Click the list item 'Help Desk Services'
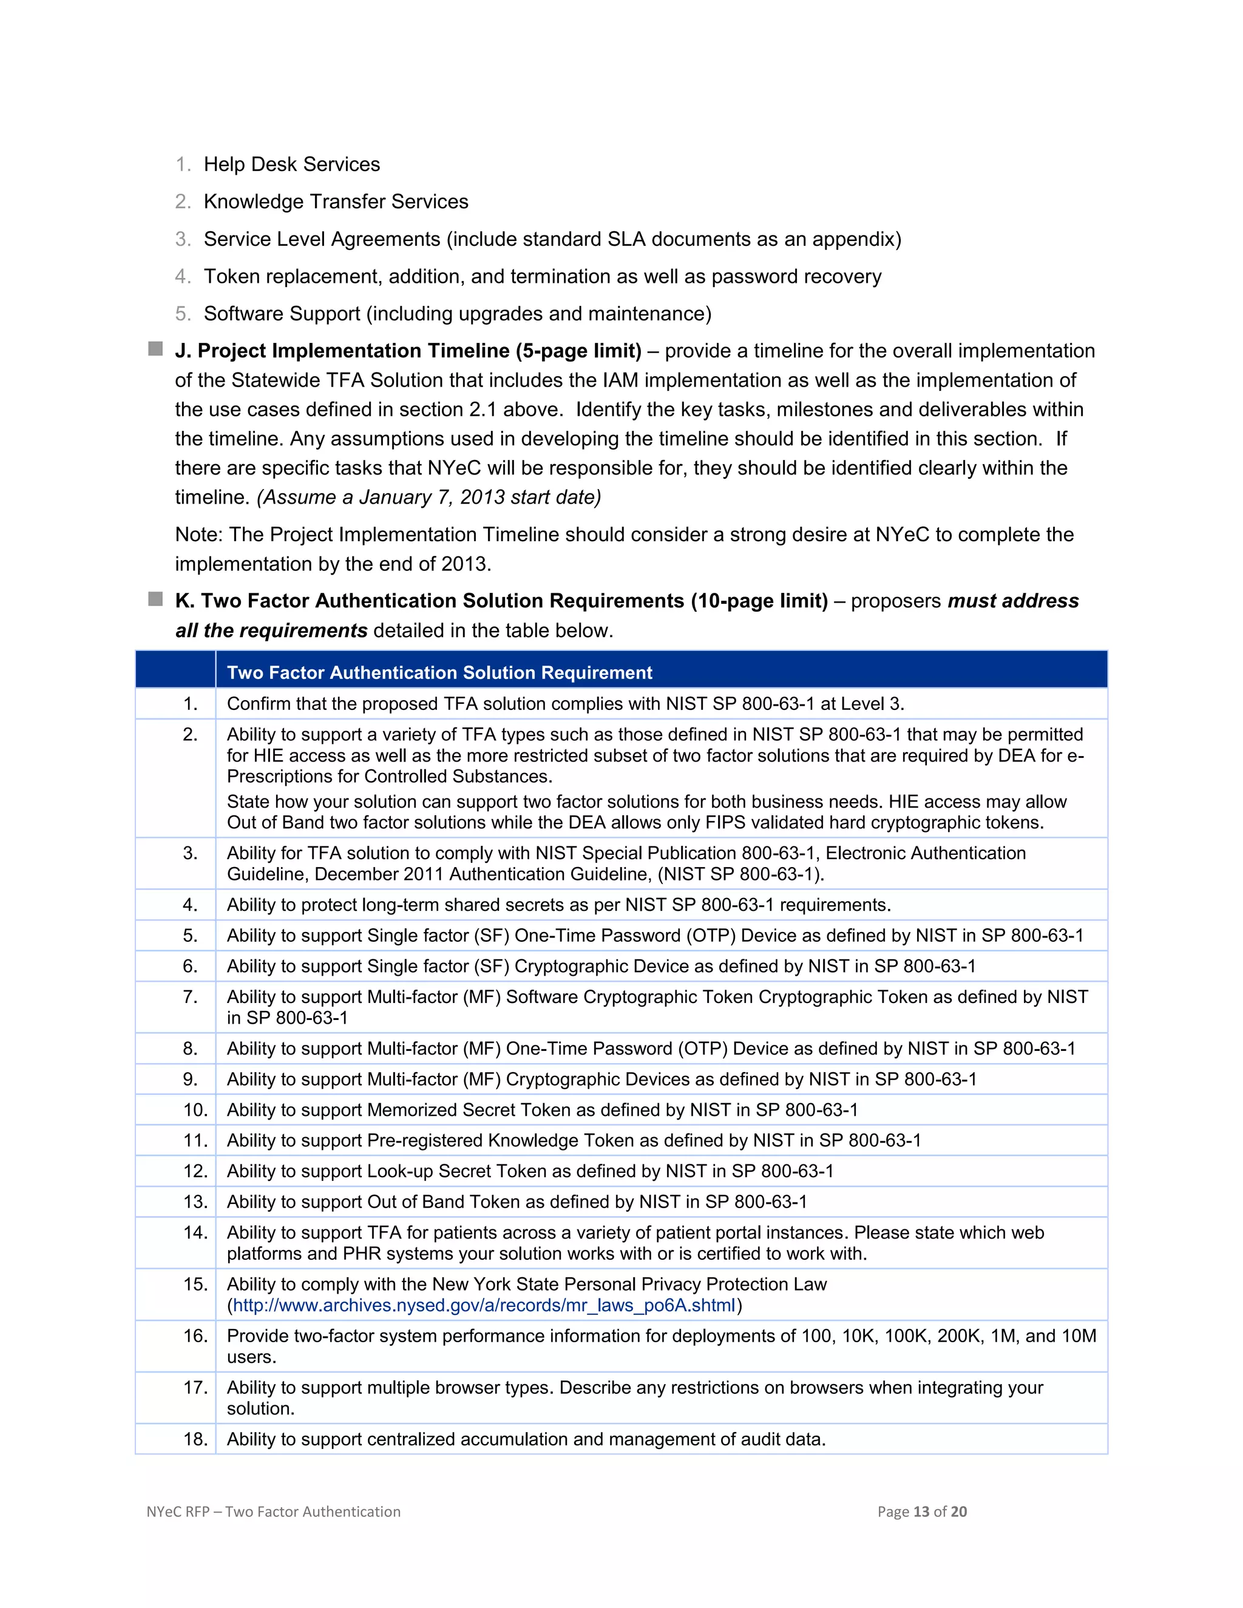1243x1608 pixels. pos(291,164)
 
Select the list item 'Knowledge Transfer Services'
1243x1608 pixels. pos(336,201)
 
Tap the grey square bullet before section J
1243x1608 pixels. pos(155,349)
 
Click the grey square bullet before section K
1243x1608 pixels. pos(155,600)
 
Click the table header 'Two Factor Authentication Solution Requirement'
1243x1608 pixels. pos(439,672)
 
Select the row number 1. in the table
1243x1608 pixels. pos(190,704)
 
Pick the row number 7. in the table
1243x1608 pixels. pos(190,997)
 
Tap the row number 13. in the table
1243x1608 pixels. pos(195,1201)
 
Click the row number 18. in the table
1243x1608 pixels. pos(195,1439)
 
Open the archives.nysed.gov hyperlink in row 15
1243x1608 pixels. pos(484,1305)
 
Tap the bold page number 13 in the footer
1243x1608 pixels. pos(921,1512)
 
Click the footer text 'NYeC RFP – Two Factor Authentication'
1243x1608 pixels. pos(273,1512)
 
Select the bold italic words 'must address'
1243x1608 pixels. pos(1012,601)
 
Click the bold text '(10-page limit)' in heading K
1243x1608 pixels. pos(759,601)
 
